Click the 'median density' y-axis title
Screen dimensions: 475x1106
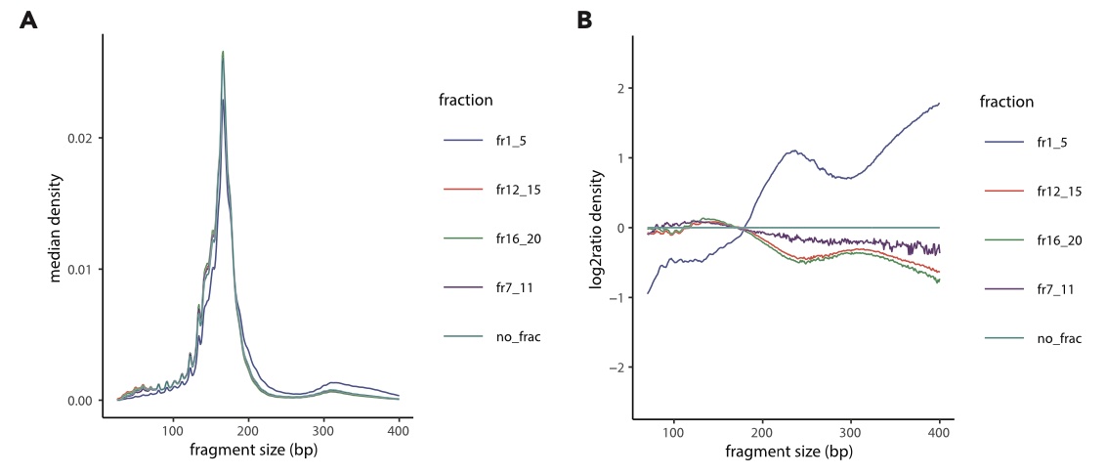tap(57, 229)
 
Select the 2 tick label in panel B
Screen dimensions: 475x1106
tap(617, 88)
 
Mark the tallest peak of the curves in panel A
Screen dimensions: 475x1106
tap(223, 52)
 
